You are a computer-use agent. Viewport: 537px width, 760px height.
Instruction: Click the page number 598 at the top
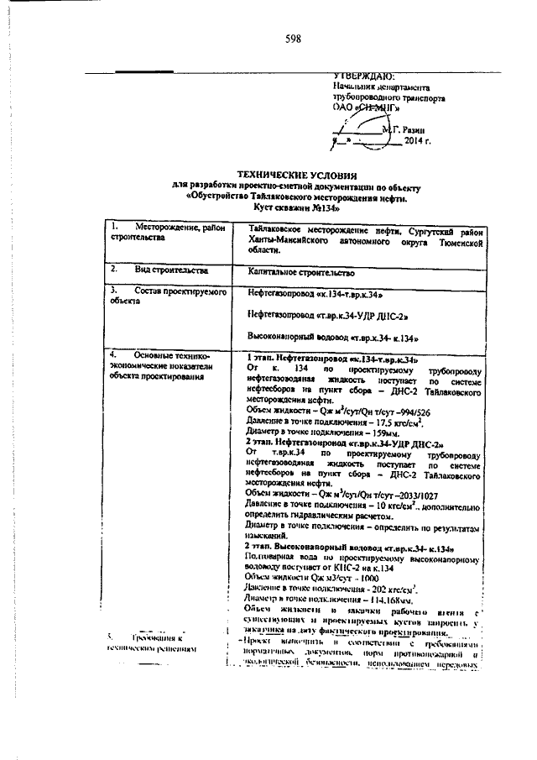[x=293, y=39]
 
